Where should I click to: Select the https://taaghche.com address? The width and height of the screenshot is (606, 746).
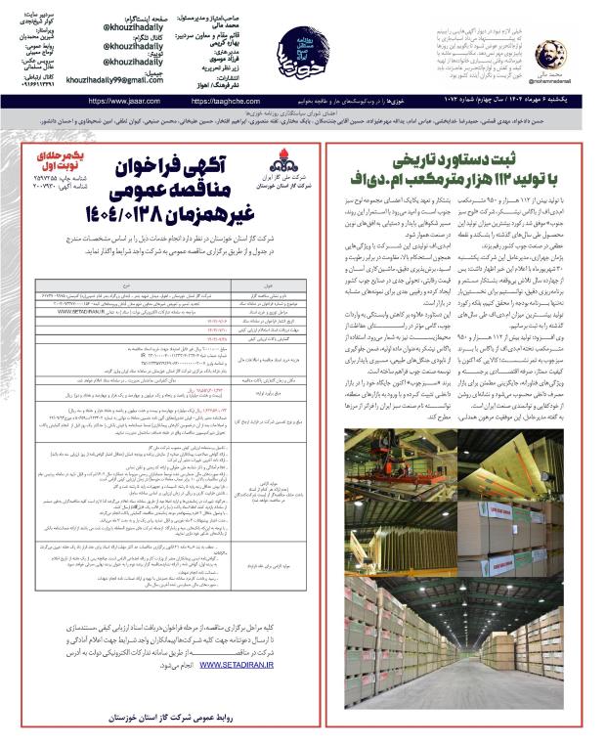(x=249, y=101)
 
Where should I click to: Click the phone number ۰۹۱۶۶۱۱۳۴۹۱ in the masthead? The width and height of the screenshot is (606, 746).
(x=34, y=82)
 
